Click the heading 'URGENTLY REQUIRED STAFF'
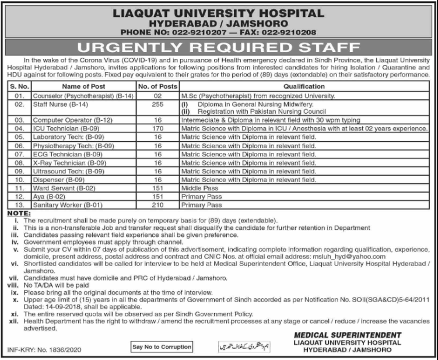(x=219, y=47)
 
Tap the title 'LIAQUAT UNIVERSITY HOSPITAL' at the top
(x=218, y=12)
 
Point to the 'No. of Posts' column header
(x=156, y=86)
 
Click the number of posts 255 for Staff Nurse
(x=156, y=102)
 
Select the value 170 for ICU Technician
(x=156, y=127)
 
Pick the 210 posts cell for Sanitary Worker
(x=156, y=205)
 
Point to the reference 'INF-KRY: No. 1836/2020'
(x=42, y=349)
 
